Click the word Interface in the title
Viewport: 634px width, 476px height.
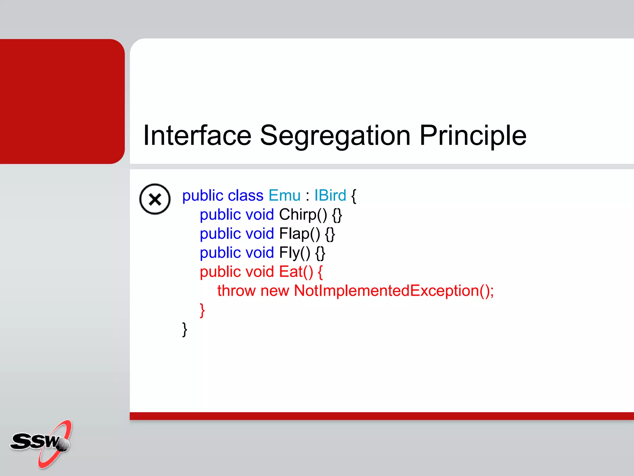pyautogui.click(x=197, y=135)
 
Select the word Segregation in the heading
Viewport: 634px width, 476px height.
pyautogui.click(x=335, y=135)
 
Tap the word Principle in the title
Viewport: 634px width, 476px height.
pyautogui.click(x=473, y=135)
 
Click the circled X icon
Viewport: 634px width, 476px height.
pyautogui.click(x=155, y=199)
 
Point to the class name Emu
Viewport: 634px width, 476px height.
pyautogui.click(x=284, y=196)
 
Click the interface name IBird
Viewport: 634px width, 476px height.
pyautogui.click(x=330, y=196)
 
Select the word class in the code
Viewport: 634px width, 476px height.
pyautogui.click(x=245, y=196)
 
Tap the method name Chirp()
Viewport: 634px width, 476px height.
pyautogui.click(x=303, y=214)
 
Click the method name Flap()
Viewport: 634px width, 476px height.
pyautogui.click(x=299, y=234)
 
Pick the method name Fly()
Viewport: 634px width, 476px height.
pyautogui.click(x=294, y=253)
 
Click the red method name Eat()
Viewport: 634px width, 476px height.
pyautogui.click(x=296, y=272)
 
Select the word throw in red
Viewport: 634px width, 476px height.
pyautogui.click(x=236, y=291)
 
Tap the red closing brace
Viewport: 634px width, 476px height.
pyautogui.click(x=202, y=310)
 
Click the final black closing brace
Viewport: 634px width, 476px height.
pyautogui.click(x=185, y=329)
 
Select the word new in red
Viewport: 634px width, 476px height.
pyautogui.click(x=275, y=291)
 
